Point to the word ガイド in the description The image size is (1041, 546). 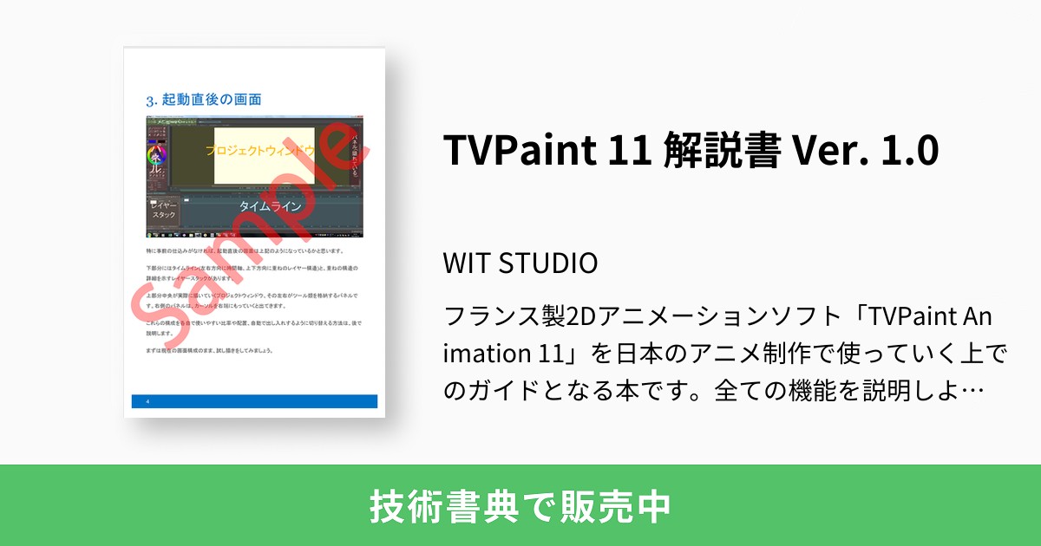(x=512, y=391)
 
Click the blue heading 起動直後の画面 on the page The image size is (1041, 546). (x=212, y=99)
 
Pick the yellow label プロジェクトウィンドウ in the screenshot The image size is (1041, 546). (x=260, y=151)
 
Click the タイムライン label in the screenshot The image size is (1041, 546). (x=270, y=206)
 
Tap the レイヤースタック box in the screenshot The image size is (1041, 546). (x=163, y=211)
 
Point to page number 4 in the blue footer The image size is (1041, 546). (x=148, y=401)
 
